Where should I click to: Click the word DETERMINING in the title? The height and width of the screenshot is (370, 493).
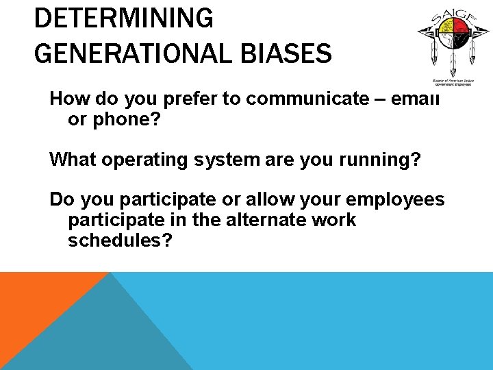click(123, 18)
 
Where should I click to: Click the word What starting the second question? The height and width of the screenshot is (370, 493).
click(71, 160)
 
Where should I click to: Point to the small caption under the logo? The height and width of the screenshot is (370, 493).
click(449, 80)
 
